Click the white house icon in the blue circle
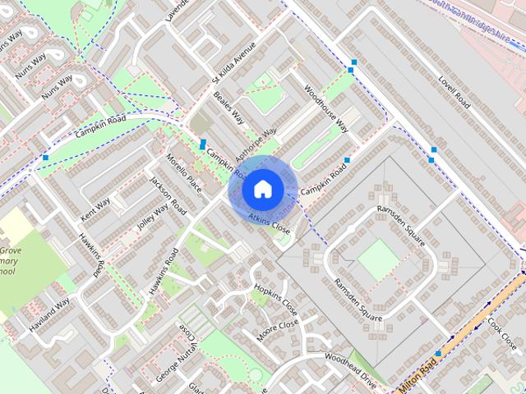[261, 189]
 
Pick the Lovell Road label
[453, 91]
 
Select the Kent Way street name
[95, 208]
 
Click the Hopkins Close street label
[275, 300]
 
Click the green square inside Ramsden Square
[376, 259]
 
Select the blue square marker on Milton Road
[438, 354]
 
